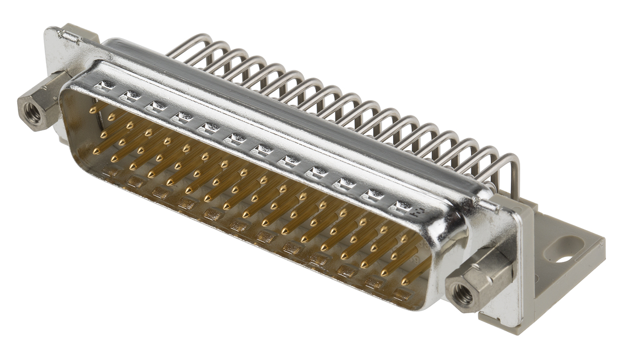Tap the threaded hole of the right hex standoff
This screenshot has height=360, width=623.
coord(462,295)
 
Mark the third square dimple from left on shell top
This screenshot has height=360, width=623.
coord(154,108)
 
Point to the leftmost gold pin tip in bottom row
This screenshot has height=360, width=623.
coord(96,152)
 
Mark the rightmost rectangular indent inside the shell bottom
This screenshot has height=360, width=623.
coord(401,295)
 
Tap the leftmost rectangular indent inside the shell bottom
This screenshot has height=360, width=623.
coord(110,171)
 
